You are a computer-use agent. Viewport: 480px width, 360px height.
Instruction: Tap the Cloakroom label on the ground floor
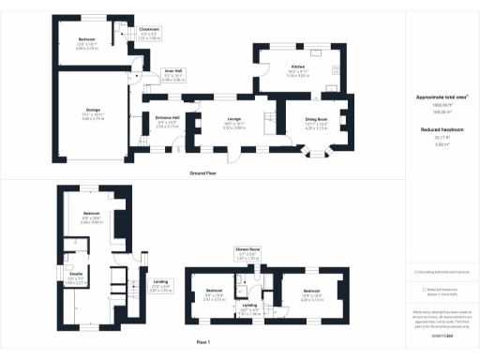tap(149, 30)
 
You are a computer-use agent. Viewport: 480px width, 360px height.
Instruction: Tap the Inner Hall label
tap(173, 69)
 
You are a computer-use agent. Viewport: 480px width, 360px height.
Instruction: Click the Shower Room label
tap(247, 251)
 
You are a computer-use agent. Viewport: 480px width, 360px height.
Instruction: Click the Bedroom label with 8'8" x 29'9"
tap(91, 213)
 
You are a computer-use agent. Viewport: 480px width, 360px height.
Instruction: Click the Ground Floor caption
tap(204, 175)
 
